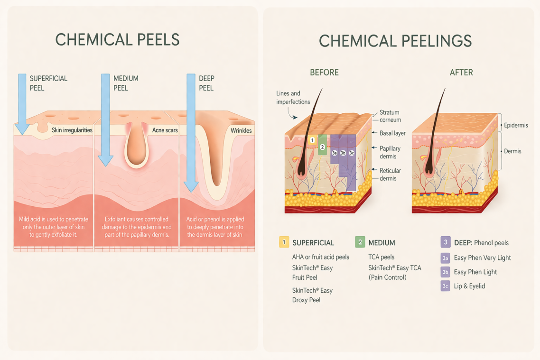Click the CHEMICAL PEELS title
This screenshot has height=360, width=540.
click(117, 39)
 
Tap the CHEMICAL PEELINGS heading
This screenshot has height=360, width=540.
click(395, 41)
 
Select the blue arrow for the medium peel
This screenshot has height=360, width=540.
click(105, 119)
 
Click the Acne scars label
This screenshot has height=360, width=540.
click(165, 130)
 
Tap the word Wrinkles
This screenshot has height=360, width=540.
click(241, 130)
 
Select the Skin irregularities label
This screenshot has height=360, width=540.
click(72, 130)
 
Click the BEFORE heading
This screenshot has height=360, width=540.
click(324, 73)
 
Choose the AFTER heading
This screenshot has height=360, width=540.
click(461, 73)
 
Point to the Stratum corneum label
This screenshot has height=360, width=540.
click(390, 116)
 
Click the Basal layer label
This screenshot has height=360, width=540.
click(392, 133)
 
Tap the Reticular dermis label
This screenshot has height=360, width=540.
click(390, 175)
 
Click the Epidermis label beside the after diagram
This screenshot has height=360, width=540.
click(516, 125)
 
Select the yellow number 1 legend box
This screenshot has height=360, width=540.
click(284, 242)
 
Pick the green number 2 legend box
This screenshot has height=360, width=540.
click(360, 242)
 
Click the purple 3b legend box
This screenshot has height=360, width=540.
click(445, 272)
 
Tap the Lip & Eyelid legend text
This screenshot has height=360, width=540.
click(469, 286)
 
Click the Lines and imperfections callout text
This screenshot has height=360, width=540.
click(293, 98)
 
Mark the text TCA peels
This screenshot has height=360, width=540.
click(381, 257)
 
